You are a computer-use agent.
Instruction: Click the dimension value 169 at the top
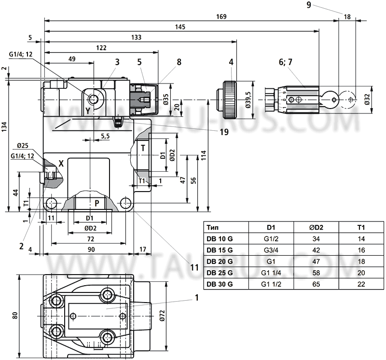[x=221, y=16]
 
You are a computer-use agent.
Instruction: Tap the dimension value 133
[x=137, y=38]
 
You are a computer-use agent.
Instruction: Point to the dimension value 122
[x=102, y=48]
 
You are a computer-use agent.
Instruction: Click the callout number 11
[x=194, y=266]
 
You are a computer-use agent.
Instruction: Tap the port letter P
[x=96, y=203]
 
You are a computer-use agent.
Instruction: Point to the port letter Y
[x=88, y=111]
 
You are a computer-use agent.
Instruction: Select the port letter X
[x=61, y=163]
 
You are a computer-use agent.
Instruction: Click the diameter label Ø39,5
[x=248, y=100]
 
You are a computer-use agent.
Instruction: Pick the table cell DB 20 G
[x=219, y=261]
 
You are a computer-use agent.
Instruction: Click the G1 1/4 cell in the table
[x=271, y=273]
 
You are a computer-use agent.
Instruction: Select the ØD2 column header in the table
[x=316, y=227]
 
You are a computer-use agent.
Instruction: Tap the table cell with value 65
[x=316, y=284]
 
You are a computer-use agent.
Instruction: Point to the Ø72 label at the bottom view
[x=163, y=315]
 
